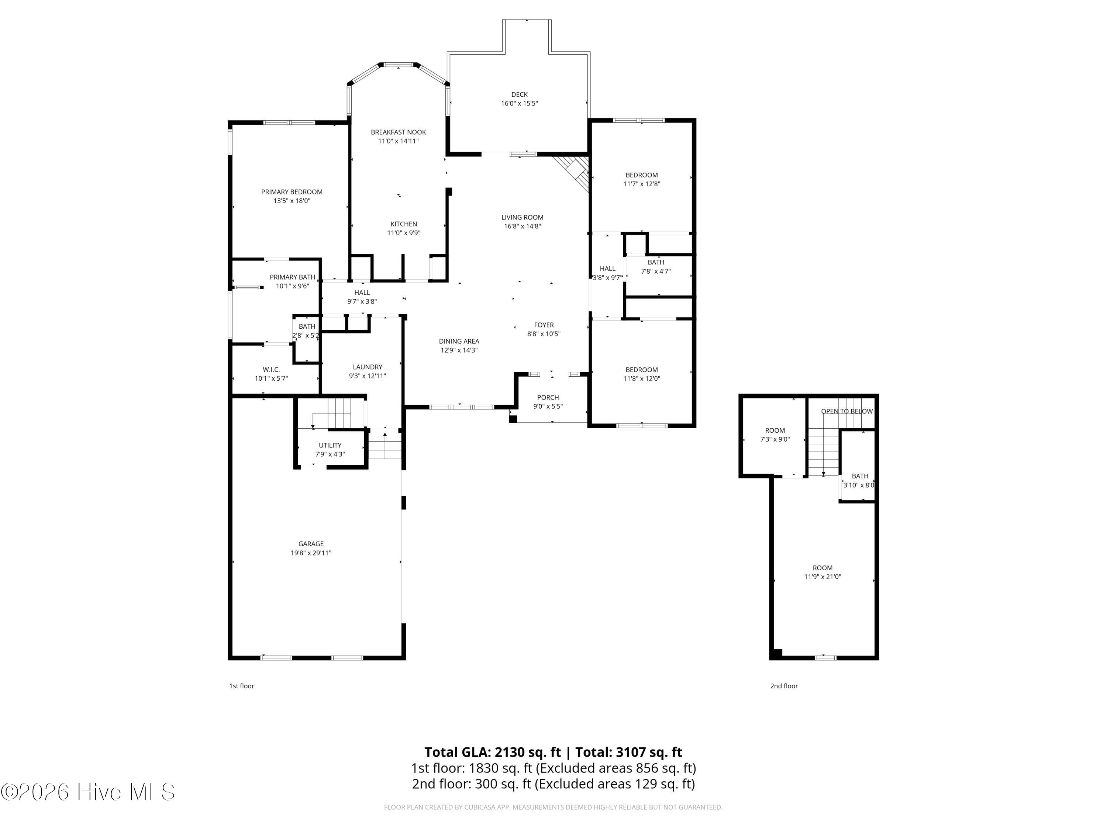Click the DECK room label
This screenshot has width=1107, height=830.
pyautogui.click(x=520, y=94)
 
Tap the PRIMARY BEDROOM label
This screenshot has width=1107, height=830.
pyautogui.click(x=292, y=192)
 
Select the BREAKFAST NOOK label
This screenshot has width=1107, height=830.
pyautogui.click(x=399, y=132)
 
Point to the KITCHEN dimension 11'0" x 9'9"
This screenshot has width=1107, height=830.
pyautogui.click(x=404, y=233)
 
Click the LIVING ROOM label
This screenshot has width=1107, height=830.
pyautogui.click(x=523, y=217)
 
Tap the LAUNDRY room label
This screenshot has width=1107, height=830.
pyautogui.click(x=367, y=367)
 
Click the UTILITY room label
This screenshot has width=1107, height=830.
pyautogui.click(x=330, y=445)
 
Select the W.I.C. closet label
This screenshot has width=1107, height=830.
pyautogui.click(x=271, y=369)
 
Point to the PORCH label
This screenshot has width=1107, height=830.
pyautogui.click(x=548, y=397)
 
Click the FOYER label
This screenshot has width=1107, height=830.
pyautogui.click(x=544, y=325)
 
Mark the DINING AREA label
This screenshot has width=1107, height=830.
pyautogui.click(x=459, y=341)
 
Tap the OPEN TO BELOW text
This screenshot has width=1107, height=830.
pyautogui.click(x=847, y=411)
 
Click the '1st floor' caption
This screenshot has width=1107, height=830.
pyautogui.click(x=242, y=686)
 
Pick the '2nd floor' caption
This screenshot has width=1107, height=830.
pyautogui.click(x=784, y=686)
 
